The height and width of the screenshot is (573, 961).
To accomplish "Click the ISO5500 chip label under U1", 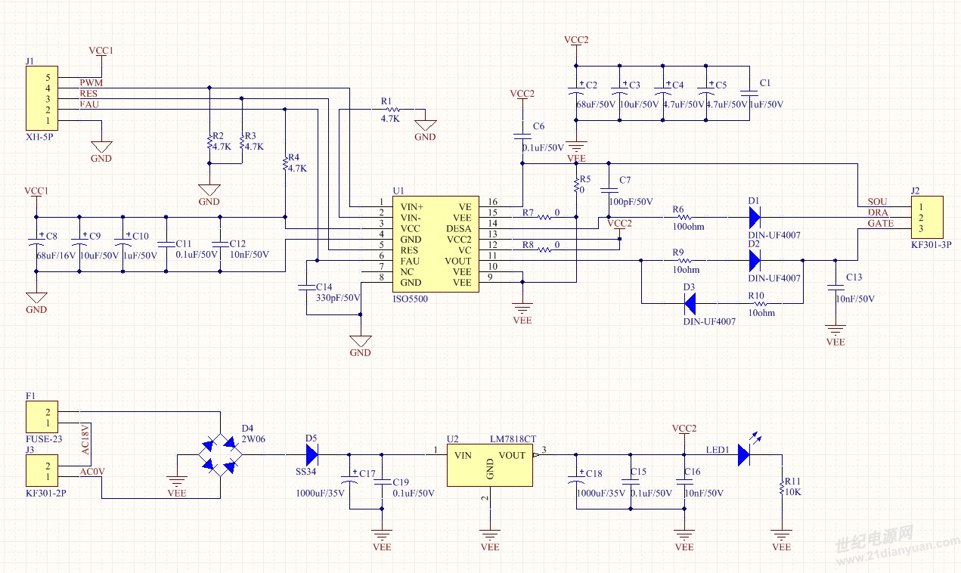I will (x=410, y=299).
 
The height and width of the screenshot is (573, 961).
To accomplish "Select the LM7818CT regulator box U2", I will (x=489, y=465).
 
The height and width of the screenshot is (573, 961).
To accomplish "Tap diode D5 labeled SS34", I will (x=312, y=454).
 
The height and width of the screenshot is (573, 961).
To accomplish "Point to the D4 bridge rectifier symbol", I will (x=220, y=455).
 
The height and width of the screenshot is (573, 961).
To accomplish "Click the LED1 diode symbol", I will (x=743, y=454).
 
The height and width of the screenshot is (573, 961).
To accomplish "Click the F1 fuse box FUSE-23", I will (x=42, y=417).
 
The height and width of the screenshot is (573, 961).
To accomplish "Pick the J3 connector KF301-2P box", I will (x=42, y=472).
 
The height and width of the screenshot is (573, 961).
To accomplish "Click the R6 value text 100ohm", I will (x=688, y=226).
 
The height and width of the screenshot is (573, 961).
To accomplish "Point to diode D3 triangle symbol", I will (x=690, y=304).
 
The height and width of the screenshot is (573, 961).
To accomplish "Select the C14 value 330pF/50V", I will (x=338, y=298).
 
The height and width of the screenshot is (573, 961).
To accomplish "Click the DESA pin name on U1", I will (x=458, y=228).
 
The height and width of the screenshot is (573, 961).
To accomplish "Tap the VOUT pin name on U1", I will (x=457, y=261).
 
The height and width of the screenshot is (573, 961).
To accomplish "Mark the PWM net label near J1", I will (x=91, y=82).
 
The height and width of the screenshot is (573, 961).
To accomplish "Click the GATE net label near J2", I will (x=880, y=224).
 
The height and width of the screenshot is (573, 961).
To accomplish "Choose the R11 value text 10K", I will (x=792, y=491).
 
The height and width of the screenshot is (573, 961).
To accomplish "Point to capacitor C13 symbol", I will (x=835, y=287).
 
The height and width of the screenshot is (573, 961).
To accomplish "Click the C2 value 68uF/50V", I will (x=596, y=104).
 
